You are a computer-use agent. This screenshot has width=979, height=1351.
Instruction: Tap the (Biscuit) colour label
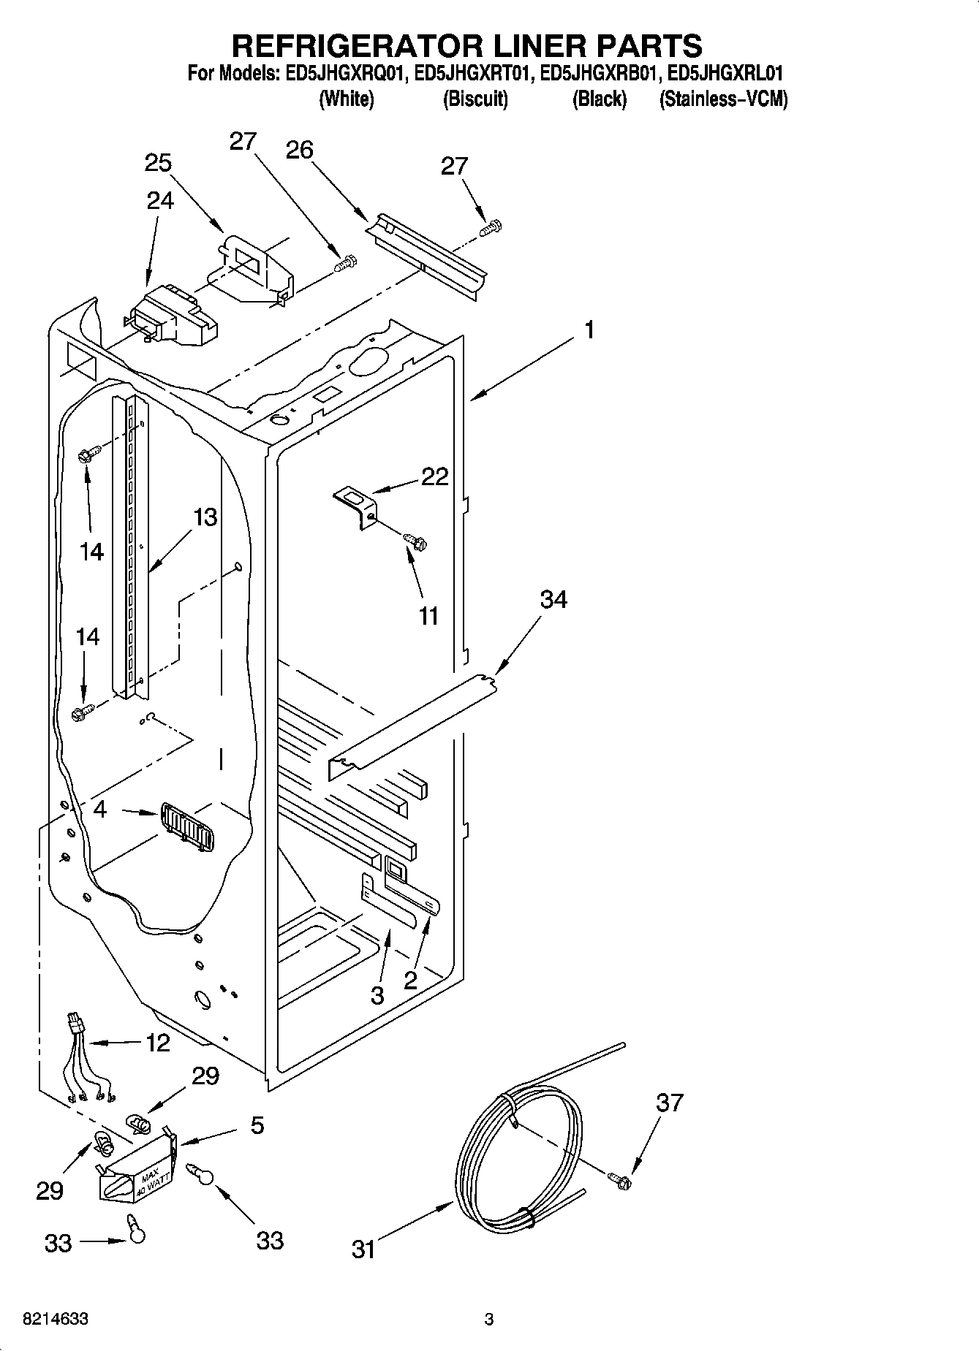pyautogui.click(x=475, y=99)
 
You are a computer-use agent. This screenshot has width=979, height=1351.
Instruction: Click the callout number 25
pyautogui.click(x=158, y=163)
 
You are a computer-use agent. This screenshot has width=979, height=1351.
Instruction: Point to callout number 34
pyautogui.click(x=553, y=600)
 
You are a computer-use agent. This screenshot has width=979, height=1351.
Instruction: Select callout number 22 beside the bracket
pyautogui.click(x=434, y=477)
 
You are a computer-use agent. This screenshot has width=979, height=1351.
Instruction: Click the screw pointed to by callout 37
pyautogui.click(x=621, y=1177)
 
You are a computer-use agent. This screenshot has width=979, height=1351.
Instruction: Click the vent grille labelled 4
pyautogui.click(x=186, y=826)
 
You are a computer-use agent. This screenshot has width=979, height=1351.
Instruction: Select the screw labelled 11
pyautogui.click(x=416, y=542)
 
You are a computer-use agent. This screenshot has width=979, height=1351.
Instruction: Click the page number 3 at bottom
pyautogui.click(x=489, y=1320)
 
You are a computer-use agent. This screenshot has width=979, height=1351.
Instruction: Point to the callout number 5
pyautogui.click(x=257, y=1126)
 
